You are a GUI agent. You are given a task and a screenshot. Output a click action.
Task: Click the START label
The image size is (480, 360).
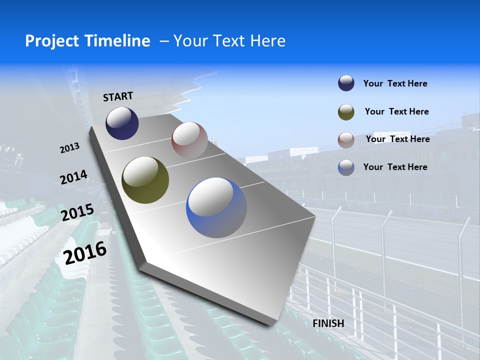coord(118,96)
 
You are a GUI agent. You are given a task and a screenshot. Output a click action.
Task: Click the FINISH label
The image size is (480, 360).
coord(328,323)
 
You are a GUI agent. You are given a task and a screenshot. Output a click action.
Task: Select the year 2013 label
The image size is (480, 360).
coord(70,148)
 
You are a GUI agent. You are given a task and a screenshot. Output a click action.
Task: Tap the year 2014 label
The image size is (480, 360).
coord(73,177)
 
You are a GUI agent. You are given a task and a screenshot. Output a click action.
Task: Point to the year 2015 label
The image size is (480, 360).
coord(77,212)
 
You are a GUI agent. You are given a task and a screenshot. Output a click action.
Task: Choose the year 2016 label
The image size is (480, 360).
coord(85,252)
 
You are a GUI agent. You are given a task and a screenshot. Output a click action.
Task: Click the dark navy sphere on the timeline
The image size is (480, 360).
coord(122,123)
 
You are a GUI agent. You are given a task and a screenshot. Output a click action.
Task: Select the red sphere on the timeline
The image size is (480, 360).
coord(189,140)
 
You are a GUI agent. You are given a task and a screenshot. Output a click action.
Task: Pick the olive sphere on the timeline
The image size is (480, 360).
coord(145,180)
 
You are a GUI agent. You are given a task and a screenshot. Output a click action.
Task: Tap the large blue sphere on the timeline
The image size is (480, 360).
coord(216,207)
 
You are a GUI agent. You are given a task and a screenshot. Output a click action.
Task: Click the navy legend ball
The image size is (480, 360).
coord(346,83)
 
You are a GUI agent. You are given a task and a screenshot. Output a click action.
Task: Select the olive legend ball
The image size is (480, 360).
coord(346,112)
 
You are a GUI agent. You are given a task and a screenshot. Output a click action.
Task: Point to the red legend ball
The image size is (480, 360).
coord(346,140)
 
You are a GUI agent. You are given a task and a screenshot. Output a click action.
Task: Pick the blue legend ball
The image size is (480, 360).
coord(346,167)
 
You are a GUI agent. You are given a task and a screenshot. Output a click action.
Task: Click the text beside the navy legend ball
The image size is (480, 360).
coord(395,84)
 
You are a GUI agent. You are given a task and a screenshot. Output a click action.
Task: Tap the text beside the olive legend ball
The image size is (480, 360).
coord(396,111)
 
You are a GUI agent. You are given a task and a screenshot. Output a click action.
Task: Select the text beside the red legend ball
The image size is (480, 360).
coord(397,139)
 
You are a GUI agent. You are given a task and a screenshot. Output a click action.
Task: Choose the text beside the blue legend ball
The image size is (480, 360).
coord(395,167)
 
